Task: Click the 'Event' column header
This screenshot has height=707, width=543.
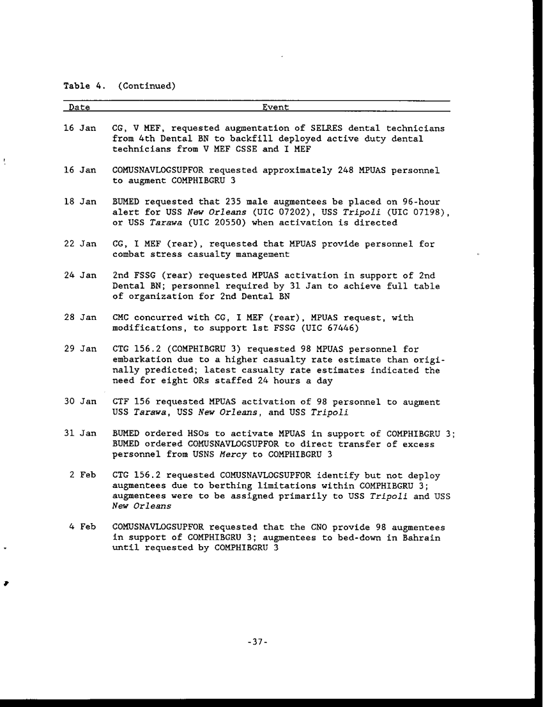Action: (x=275, y=108)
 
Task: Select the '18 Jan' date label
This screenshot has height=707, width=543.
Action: (x=80, y=202)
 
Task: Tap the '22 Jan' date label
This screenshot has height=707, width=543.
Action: (x=80, y=244)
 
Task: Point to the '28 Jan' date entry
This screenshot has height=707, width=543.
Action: (x=80, y=317)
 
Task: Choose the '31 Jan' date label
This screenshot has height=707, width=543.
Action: (x=80, y=434)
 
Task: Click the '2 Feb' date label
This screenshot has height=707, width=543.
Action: (x=83, y=476)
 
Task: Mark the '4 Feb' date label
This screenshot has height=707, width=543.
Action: (x=83, y=528)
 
